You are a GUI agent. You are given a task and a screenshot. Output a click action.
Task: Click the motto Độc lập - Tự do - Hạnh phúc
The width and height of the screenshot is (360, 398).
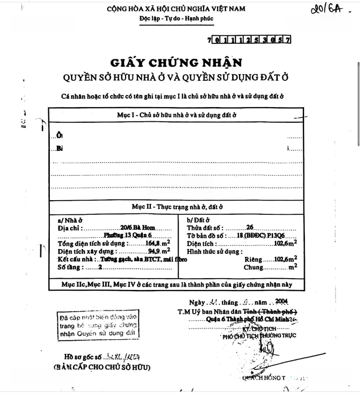(176, 19)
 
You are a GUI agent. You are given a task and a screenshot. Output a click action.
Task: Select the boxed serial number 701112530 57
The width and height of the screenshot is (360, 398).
(249, 40)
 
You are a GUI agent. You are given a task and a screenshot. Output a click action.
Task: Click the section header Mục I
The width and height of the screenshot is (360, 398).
(176, 115)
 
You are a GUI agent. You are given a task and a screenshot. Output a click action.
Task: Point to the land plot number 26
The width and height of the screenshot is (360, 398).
(250, 228)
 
